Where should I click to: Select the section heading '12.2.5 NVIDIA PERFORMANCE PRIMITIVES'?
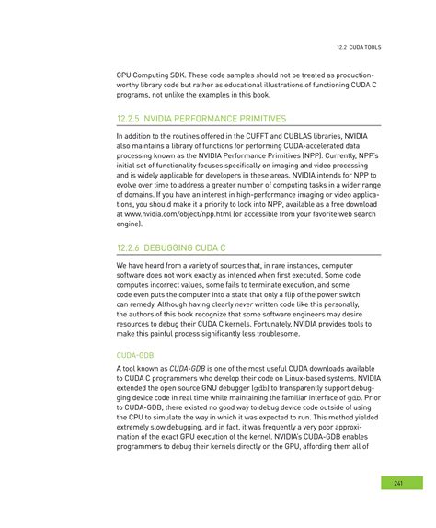coord(201,119)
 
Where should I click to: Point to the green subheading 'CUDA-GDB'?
coord(136,353)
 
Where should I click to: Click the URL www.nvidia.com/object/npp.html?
coord(171,214)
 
